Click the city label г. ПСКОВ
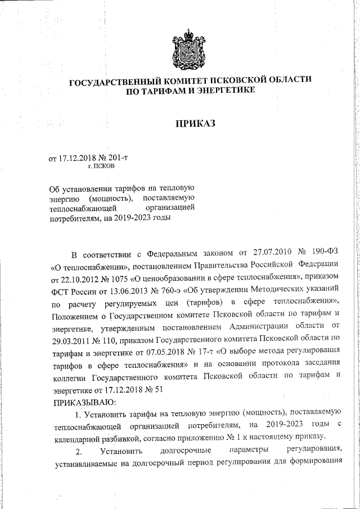(102, 167)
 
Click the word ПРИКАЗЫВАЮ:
(84, 402)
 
